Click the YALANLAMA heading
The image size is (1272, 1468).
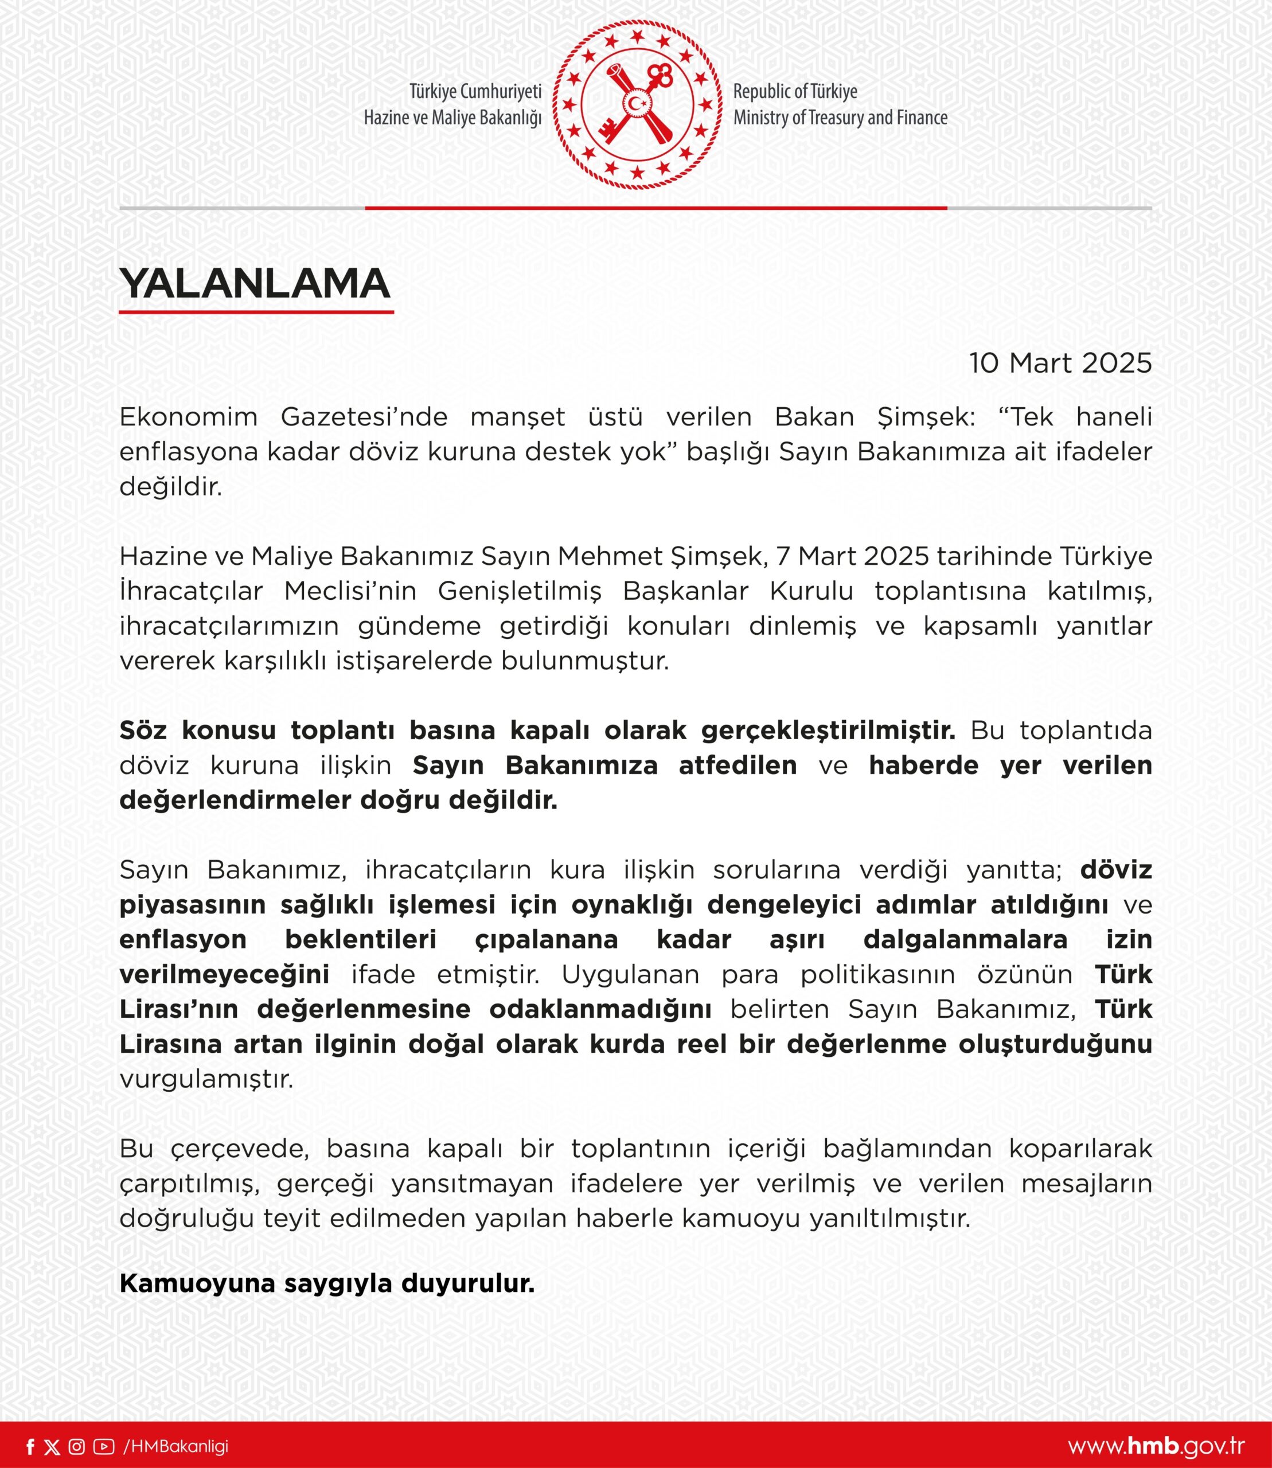pos(255,283)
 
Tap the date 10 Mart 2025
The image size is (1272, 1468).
pos(1060,364)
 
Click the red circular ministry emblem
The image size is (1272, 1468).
pos(637,105)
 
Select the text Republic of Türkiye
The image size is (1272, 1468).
pos(795,92)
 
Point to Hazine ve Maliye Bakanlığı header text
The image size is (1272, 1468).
pos(453,118)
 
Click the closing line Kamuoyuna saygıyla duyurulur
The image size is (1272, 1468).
pos(326,1283)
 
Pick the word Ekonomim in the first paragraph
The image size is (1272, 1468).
pos(188,417)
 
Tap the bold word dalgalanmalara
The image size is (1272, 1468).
pos(965,939)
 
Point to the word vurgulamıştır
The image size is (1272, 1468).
pos(206,1079)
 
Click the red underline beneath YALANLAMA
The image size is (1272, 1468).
pos(256,311)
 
